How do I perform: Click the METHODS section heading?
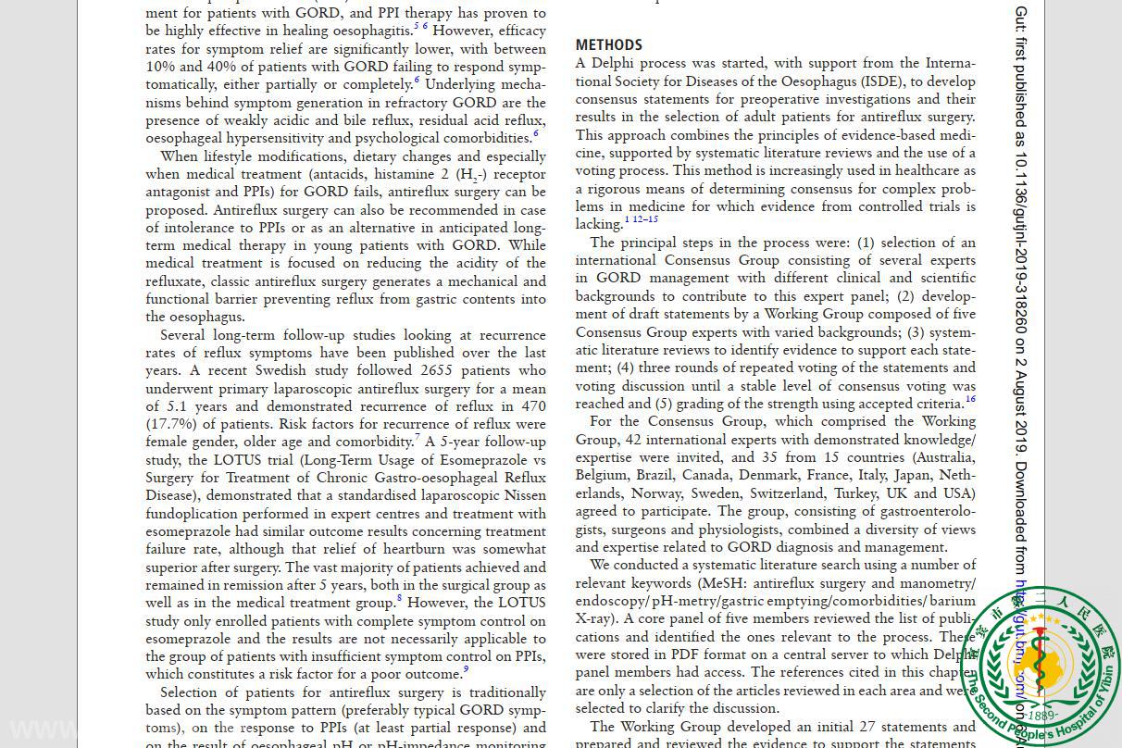tap(608, 44)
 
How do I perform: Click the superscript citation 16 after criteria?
tap(970, 400)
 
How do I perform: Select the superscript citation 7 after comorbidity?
tap(418, 438)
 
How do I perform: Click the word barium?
tap(955, 601)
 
